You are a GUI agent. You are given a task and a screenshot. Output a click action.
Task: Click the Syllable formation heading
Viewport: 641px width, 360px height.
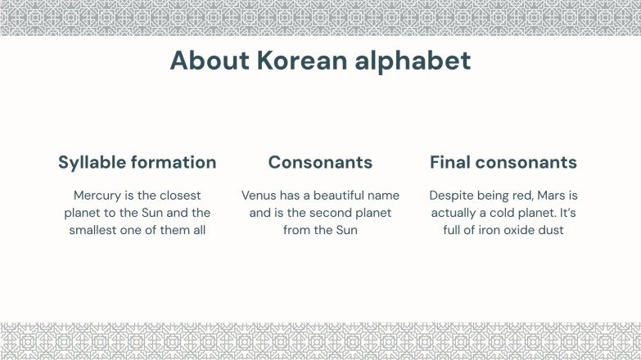pyautogui.click(x=137, y=162)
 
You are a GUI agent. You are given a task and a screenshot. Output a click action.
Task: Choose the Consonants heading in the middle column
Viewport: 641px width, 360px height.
pyautogui.click(x=320, y=162)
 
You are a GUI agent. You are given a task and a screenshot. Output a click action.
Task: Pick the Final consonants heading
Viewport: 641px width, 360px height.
pyautogui.click(x=503, y=162)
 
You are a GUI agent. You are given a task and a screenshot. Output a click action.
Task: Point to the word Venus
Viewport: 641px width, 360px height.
pyautogui.click(x=260, y=196)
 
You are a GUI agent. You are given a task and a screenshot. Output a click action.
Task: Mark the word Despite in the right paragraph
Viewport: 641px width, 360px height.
pyautogui.click(x=452, y=196)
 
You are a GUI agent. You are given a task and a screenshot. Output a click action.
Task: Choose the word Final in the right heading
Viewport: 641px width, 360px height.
pyautogui.click(x=450, y=162)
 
